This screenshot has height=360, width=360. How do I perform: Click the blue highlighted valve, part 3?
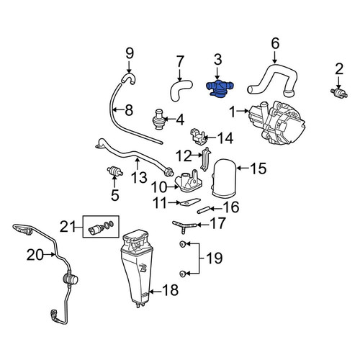tap(220, 89)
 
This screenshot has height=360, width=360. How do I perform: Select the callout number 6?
tap(275, 44)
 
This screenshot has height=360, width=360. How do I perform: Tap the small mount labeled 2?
tap(339, 92)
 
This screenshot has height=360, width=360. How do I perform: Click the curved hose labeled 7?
tap(179, 89)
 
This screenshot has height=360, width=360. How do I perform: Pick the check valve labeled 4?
tap(158, 120)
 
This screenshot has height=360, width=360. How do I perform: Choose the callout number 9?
tap(130, 53)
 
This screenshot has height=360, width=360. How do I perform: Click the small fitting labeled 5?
tap(115, 171)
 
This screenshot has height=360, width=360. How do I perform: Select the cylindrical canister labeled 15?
tap(225, 179)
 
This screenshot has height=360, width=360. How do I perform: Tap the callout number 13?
tap(139, 177)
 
